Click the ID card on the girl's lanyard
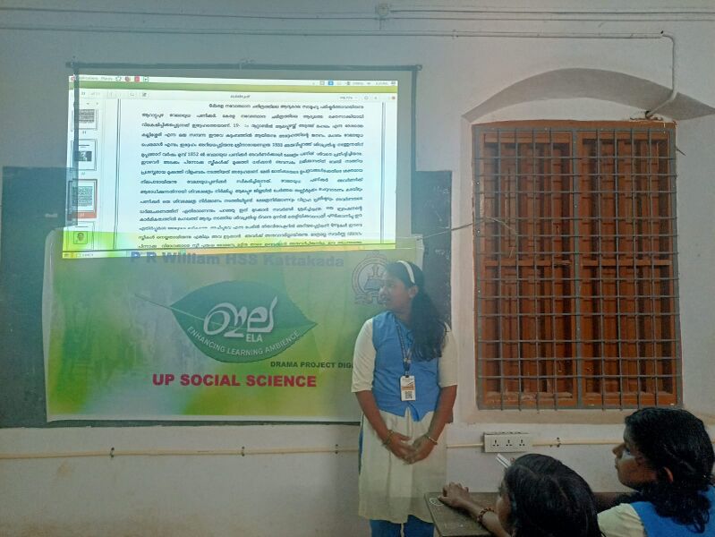pos(408,388)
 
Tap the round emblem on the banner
pos(368,278)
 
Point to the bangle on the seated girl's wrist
pos(483,514)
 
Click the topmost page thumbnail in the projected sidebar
pos(86,116)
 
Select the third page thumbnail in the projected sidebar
pos(83,197)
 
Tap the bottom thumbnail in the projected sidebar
pos(81,236)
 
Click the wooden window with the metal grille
pos(575,264)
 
